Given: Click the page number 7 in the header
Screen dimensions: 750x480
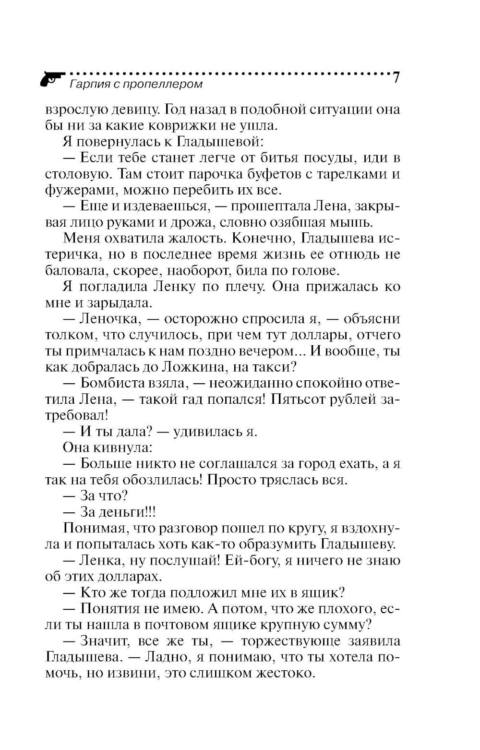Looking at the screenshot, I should tap(396, 78).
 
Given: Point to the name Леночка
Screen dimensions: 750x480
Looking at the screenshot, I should tap(110, 319).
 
